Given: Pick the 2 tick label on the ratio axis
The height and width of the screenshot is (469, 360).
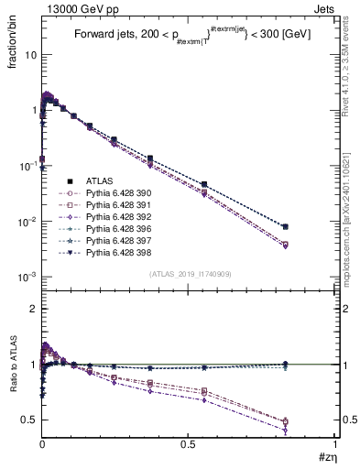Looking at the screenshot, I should coord(32,309).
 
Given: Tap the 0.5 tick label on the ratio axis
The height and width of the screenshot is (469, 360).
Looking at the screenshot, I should coord(27,420).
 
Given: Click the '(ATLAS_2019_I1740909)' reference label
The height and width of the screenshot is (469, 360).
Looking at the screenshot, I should coord(190,274).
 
